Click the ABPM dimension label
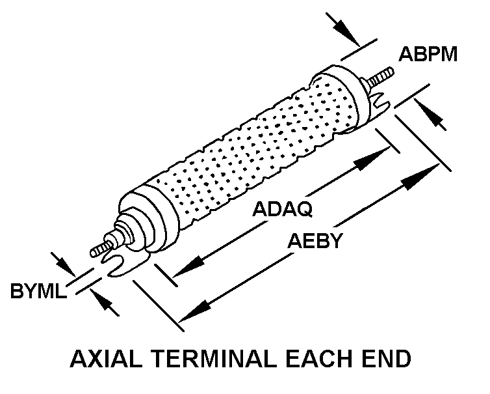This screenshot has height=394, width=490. pyautogui.click(x=428, y=54)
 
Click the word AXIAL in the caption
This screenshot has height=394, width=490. pyautogui.click(x=105, y=359)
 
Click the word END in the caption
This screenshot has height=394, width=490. pyautogui.click(x=387, y=359)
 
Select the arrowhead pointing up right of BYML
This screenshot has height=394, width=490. pyautogui.click(x=103, y=300)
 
